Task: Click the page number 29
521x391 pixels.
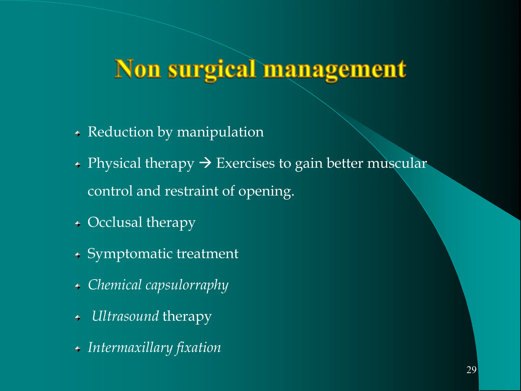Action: point(471,370)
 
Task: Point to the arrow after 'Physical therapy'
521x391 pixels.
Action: point(205,163)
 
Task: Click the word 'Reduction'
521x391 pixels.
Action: point(120,132)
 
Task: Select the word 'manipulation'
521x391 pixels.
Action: point(220,132)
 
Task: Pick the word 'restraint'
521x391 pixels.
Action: point(191,191)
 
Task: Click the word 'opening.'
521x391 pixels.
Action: point(266,191)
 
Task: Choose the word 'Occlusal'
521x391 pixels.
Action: point(115,222)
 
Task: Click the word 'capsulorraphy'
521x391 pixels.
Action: point(187,285)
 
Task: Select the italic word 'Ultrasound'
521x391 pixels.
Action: point(125,316)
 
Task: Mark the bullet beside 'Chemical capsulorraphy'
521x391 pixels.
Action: point(78,287)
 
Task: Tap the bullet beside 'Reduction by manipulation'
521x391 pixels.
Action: point(78,133)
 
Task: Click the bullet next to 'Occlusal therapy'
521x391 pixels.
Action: point(78,224)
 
